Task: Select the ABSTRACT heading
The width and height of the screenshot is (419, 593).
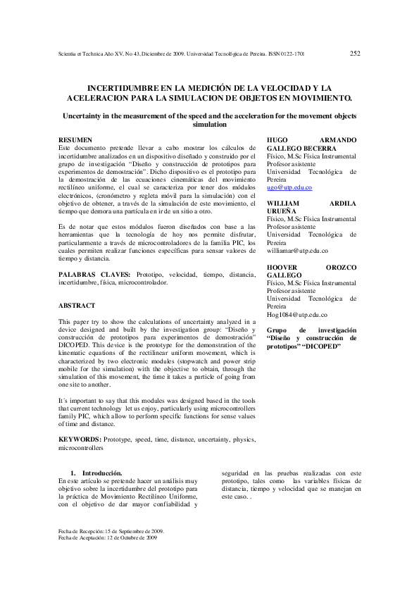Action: point(76,306)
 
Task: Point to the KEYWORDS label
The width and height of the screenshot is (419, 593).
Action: point(80,439)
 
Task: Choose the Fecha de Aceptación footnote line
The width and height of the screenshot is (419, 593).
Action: point(108,537)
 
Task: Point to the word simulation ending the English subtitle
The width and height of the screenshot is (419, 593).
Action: point(209,125)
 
